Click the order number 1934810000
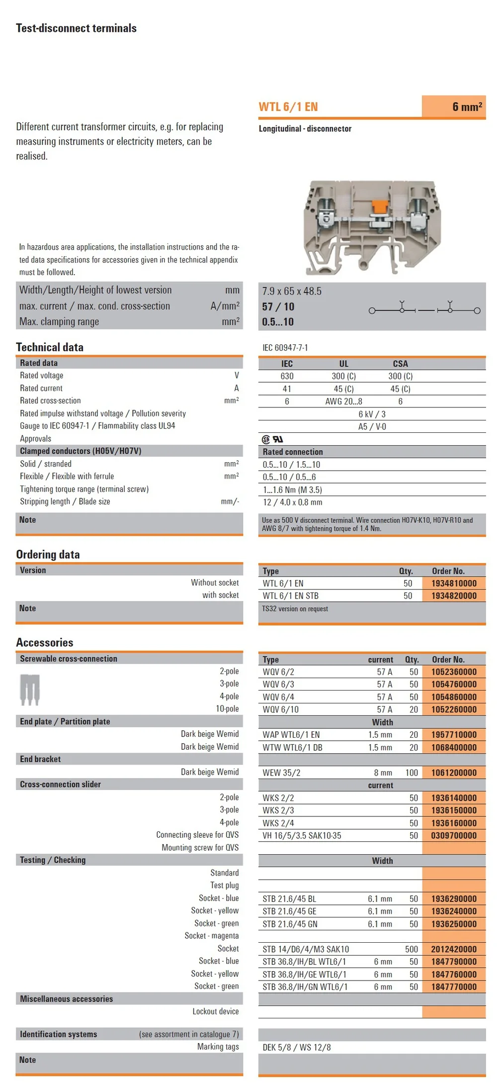(454, 583)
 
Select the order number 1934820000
(454, 595)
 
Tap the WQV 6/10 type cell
(281, 709)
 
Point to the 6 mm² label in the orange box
(467, 107)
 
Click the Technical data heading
(50, 347)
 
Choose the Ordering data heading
(48, 554)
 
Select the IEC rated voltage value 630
(287, 376)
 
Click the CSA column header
(400, 364)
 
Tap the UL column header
(343, 364)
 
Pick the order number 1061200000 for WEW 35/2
(454, 773)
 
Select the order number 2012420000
(454, 949)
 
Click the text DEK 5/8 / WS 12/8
(296, 1047)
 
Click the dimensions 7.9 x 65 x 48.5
(292, 291)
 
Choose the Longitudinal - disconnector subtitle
(305, 128)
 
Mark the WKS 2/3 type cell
(278, 810)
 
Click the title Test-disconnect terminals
(76, 28)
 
